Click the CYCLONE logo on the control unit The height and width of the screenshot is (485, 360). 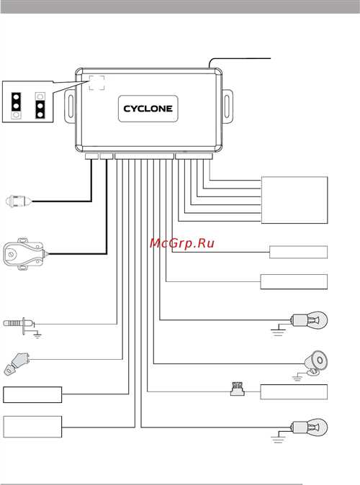[x=148, y=109]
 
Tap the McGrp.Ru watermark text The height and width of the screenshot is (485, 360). [x=181, y=243]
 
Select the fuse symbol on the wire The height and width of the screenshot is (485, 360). [x=238, y=389]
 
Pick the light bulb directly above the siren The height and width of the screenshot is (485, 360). [x=309, y=319]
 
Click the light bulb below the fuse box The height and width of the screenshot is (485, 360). [x=309, y=427]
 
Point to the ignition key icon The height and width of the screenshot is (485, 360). [x=17, y=363]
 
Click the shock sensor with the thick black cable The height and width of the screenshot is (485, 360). [x=24, y=254]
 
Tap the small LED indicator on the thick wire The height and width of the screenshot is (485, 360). [x=19, y=201]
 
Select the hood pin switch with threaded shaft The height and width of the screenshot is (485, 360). [x=19, y=324]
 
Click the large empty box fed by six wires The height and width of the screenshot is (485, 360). [x=294, y=200]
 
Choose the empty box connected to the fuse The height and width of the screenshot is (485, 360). [x=294, y=392]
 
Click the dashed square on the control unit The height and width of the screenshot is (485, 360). [x=96, y=83]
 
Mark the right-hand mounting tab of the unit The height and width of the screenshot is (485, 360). [x=228, y=105]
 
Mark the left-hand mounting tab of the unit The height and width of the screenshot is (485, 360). [x=70, y=105]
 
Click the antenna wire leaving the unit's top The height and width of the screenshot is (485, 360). [x=239, y=58]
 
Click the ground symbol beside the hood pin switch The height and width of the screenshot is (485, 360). [x=37, y=335]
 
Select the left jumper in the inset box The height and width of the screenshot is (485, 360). [x=17, y=106]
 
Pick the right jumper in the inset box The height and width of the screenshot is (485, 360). [x=40, y=106]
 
